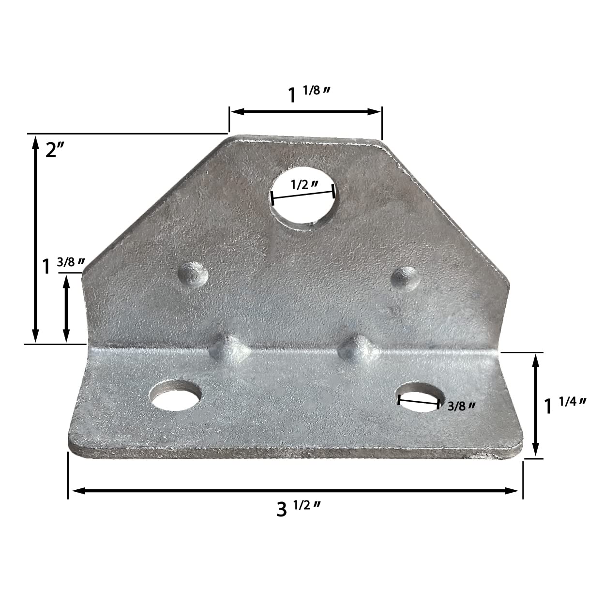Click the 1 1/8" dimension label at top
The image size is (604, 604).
click(x=310, y=94)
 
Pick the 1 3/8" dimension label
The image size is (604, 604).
click(x=63, y=265)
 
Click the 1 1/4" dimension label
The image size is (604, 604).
click(x=565, y=405)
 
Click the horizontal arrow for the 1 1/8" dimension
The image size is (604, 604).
click(x=305, y=112)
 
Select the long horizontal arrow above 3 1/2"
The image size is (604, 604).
click(x=295, y=491)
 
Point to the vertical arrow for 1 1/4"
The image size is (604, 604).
click(x=535, y=405)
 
